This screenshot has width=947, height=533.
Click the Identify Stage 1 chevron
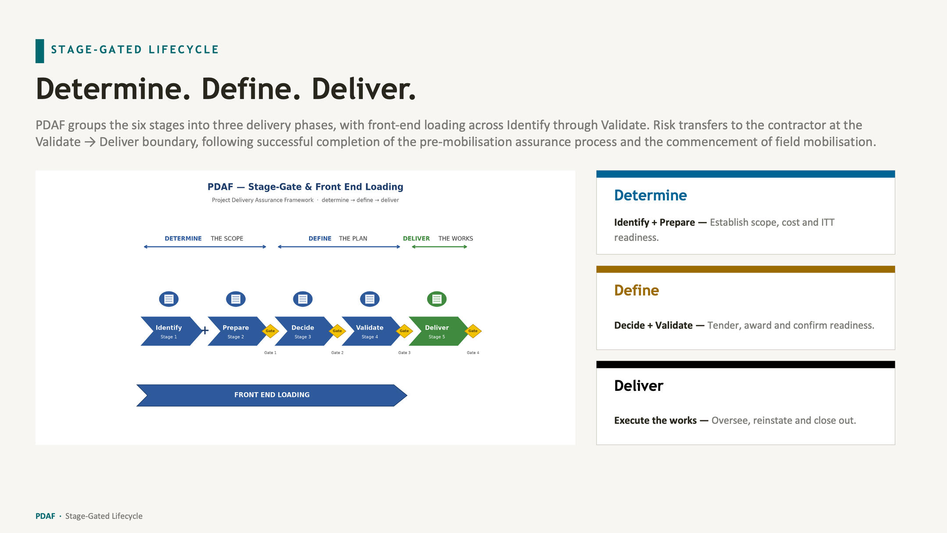click(x=169, y=331)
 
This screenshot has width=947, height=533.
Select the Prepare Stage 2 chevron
click(x=236, y=331)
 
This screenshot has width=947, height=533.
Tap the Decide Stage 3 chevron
click(x=303, y=331)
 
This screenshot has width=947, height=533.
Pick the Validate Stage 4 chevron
click(x=370, y=331)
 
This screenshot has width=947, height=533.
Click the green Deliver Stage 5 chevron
click(x=437, y=331)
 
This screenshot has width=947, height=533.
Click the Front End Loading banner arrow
click(x=272, y=395)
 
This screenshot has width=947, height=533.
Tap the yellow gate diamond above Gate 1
click(x=270, y=331)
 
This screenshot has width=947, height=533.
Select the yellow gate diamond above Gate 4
click(x=473, y=331)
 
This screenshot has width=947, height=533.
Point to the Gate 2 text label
click(x=337, y=353)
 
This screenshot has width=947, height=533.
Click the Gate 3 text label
click(x=404, y=353)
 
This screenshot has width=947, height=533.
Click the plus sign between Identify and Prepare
click(x=205, y=330)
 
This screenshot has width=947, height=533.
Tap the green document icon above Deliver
click(x=437, y=299)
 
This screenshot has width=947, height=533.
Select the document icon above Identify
click(x=169, y=299)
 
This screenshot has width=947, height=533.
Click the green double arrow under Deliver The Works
click(x=439, y=247)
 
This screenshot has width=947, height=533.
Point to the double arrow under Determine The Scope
click(x=205, y=247)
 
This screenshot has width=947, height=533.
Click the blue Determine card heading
click(x=650, y=195)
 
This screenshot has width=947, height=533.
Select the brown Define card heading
click(x=636, y=290)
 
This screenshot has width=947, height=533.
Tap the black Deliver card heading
click(x=638, y=386)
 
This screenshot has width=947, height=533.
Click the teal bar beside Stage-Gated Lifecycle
click(x=40, y=51)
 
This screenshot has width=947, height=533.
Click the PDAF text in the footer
click(x=45, y=516)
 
